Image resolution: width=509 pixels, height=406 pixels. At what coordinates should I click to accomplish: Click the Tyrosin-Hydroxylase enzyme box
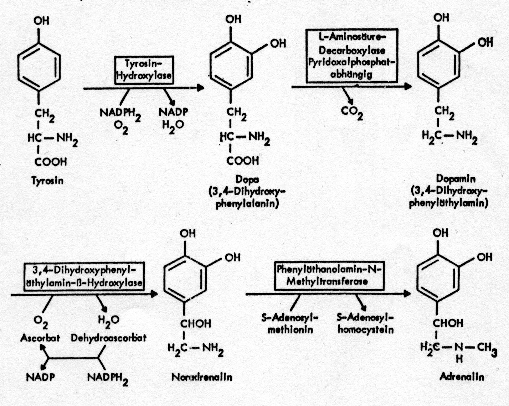144,70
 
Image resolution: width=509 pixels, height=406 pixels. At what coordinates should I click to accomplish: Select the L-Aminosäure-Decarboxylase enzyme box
352,56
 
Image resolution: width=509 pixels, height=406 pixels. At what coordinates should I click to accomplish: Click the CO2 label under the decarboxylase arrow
352,113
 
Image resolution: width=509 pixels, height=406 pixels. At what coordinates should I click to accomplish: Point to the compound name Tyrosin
47,181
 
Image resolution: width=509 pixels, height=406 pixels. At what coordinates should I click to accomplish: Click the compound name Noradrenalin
202,377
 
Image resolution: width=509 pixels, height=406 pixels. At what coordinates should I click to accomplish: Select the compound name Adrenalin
462,377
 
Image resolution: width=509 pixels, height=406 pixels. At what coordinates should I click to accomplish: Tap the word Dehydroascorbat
109,338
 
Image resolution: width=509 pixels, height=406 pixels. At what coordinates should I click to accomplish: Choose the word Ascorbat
40,338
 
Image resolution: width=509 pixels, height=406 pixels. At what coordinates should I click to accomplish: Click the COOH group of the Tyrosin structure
51,162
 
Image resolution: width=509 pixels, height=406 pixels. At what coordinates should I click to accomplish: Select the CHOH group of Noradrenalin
195,324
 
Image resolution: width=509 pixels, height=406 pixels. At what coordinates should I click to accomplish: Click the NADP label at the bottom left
40,377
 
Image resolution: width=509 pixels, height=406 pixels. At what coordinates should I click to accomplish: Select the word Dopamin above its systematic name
456,179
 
